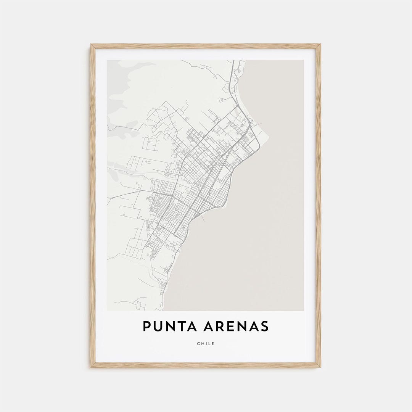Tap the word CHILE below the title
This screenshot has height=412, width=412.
coord(206,344)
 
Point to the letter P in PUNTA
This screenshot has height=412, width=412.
coord(146,327)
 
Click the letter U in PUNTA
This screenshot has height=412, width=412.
coord(158,327)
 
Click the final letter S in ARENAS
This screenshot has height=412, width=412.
coord(264,327)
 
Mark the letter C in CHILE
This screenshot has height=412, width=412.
coord(198,344)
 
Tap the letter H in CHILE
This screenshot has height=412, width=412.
coord(202,344)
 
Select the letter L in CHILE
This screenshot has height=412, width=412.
coord(209,344)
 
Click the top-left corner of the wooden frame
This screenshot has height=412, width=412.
coord(91,45)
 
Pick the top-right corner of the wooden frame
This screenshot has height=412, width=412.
coord(320,45)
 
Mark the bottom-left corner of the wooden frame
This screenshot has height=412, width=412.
coord(91,367)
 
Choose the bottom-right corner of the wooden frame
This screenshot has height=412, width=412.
coord(320,367)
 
